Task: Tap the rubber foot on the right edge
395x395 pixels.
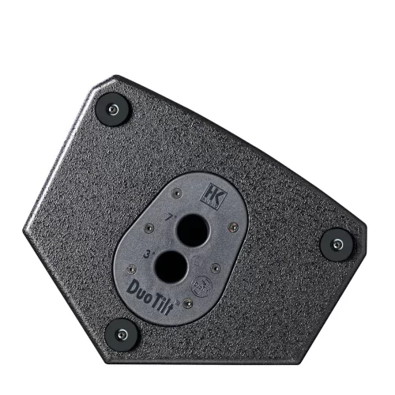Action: click(336, 242)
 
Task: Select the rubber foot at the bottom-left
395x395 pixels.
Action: click(122, 333)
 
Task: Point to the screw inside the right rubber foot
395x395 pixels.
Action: click(336, 242)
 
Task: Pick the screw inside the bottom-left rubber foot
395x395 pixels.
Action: click(122, 333)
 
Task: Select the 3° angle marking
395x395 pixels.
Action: click(148, 254)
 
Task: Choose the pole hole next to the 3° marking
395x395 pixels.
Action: click(171, 267)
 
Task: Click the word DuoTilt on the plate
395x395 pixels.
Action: click(150, 292)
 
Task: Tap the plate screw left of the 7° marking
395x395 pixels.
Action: click(149, 228)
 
